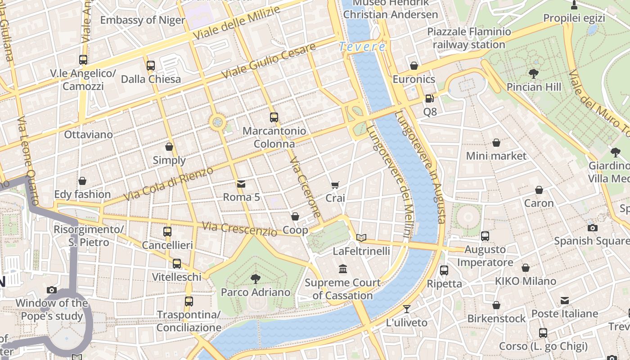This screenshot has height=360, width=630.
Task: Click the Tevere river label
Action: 362,46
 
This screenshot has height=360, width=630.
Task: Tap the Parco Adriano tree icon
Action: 255,279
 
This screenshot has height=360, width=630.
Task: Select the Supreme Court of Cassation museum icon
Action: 343,269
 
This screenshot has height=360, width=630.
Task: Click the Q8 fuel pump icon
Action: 430,98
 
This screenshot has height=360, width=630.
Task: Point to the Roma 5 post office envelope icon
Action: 241,184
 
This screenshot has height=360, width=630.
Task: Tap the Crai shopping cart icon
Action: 335,185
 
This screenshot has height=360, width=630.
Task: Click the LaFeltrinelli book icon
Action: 361,238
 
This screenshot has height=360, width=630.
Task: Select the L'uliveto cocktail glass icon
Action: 407,309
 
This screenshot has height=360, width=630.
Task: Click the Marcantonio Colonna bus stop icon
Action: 274,117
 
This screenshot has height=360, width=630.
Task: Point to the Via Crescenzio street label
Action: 239,229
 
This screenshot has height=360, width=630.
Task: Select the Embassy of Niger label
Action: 142,20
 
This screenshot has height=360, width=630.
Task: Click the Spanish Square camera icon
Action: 593,228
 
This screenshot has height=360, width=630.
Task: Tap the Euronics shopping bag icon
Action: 414,66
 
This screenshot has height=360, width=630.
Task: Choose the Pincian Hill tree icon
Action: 534,73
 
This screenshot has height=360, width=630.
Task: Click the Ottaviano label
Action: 88,135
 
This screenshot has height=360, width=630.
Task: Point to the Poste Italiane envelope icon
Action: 565,301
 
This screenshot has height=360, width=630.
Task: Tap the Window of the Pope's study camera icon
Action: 52,290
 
